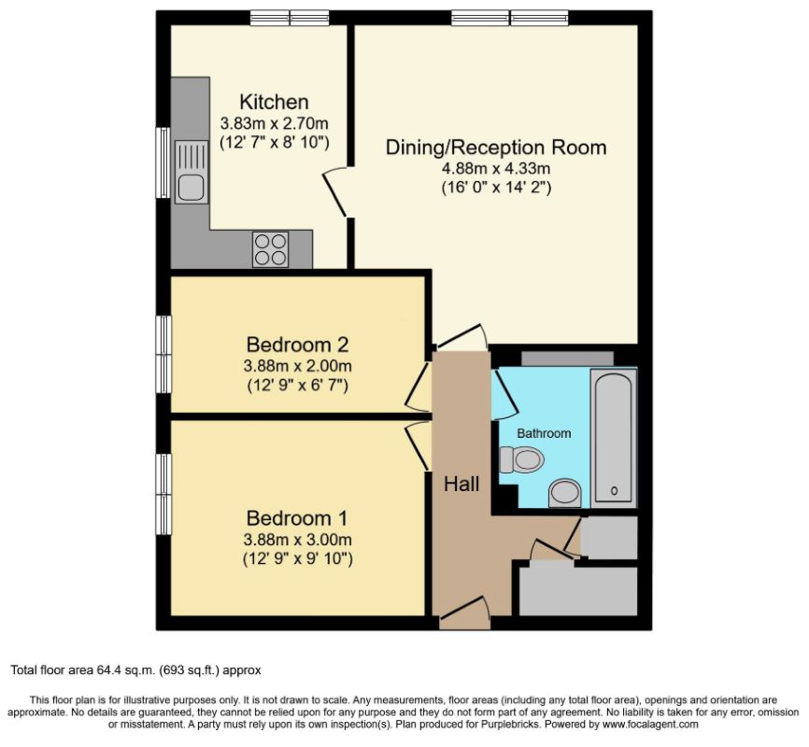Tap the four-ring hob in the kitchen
270,249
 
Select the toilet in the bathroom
521,459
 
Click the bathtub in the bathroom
614,435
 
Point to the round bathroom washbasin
565,493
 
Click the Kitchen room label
275,102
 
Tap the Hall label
461,485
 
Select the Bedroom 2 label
298,345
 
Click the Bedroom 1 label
297,518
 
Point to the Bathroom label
544,433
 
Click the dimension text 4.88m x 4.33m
496,168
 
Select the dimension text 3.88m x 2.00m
298,366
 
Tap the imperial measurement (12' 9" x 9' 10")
298,558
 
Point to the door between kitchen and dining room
335,190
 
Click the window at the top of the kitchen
290,18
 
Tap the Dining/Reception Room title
496,148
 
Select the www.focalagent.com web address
648,725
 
